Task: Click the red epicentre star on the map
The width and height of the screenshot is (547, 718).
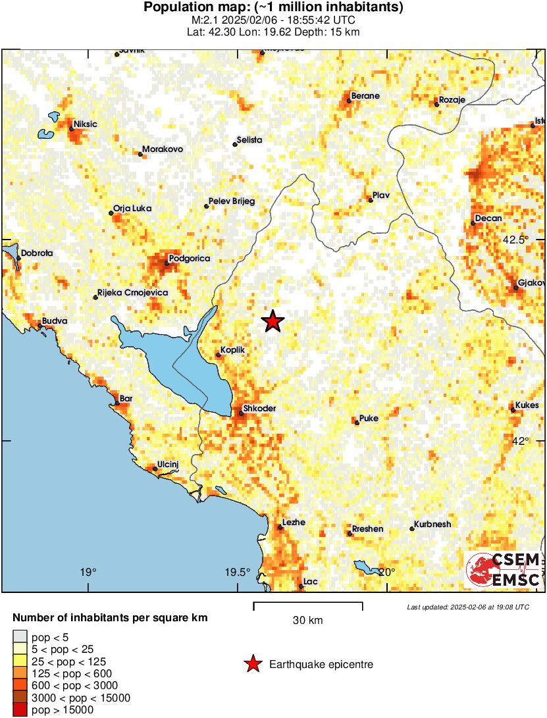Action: [x=273, y=321]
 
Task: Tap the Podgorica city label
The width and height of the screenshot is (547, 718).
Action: [x=190, y=259]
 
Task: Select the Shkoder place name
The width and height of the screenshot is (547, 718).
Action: [x=259, y=409]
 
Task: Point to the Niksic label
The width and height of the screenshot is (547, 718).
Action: [x=86, y=124]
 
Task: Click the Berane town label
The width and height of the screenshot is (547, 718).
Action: [x=365, y=96]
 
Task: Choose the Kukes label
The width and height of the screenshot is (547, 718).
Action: [x=528, y=405]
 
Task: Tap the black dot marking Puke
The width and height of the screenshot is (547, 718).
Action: [x=357, y=423]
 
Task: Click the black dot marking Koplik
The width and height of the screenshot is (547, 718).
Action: [x=219, y=355]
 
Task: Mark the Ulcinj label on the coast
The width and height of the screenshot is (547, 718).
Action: [x=169, y=465]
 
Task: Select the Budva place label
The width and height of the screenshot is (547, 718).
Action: [x=55, y=322]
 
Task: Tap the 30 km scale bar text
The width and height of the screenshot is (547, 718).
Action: [x=307, y=620]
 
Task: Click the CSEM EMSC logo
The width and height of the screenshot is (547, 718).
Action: [x=504, y=570]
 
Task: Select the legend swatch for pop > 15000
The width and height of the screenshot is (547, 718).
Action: [x=20, y=709]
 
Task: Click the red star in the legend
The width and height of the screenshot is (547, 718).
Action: [x=253, y=665]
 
